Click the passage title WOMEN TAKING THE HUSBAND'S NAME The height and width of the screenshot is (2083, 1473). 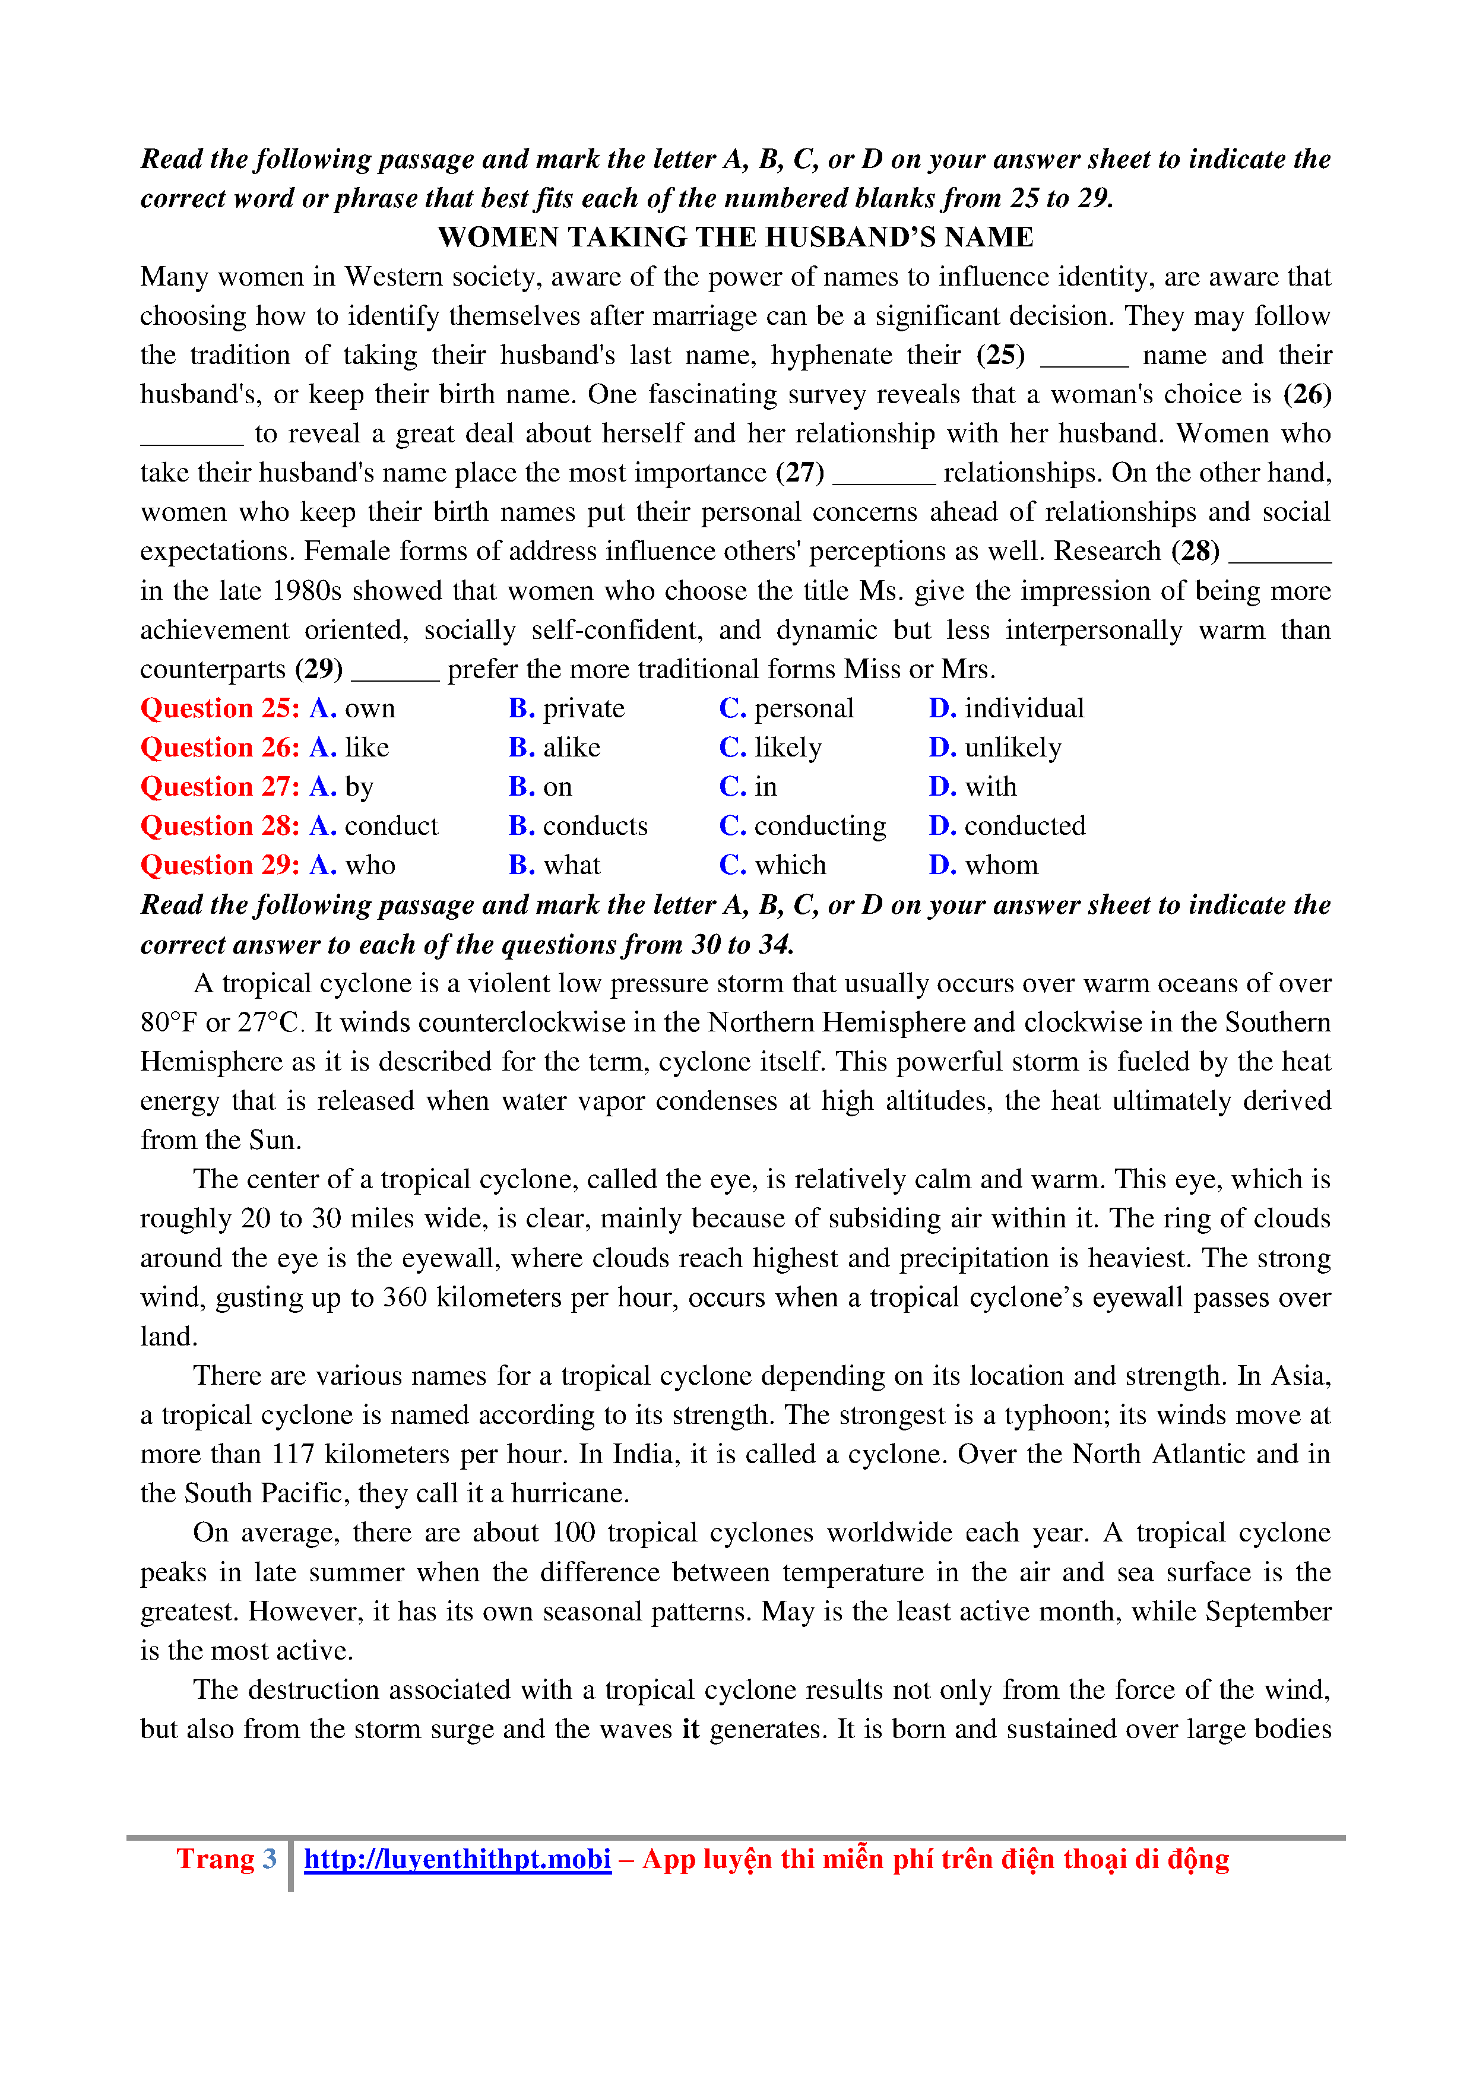click(x=736, y=238)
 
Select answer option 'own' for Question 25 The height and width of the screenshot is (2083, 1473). click(x=369, y=708)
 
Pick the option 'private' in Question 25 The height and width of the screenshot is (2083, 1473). click(x=583, y=708)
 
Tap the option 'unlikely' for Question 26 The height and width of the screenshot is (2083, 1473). click(x=1012, y=748)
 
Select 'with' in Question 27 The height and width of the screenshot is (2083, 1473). click(x=990, y=787)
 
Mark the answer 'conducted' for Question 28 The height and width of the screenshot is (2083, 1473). click(x=1024, y=825)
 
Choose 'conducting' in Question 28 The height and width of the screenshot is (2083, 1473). click(x=820, y=825)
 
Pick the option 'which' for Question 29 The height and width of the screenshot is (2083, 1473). click(x=790, y=866)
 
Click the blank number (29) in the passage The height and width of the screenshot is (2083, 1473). click(x=319, y=670)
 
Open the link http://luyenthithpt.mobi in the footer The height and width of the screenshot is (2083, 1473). click(x=457, y=1859)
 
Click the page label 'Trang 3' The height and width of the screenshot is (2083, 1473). click(x=226, y=1859)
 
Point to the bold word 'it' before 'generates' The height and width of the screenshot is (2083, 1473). click(x=690, y=1729)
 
